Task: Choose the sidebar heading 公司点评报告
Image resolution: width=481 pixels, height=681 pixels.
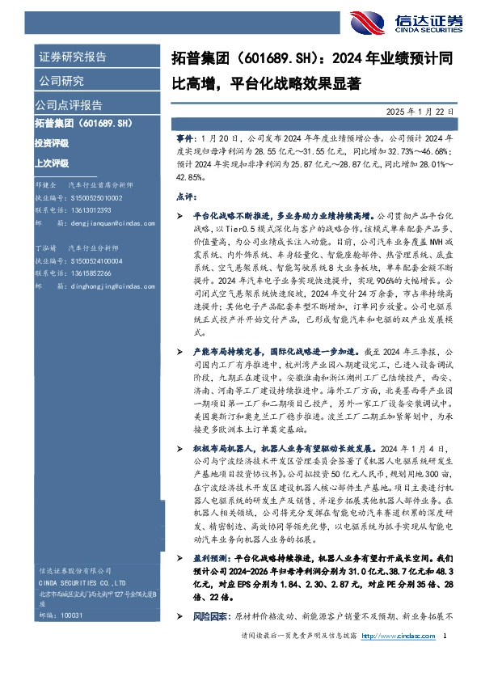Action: pos(68,104)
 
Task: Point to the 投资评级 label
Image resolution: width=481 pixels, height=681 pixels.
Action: pos(51,142)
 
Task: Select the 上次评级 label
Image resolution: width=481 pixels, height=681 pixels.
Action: pos(51,161)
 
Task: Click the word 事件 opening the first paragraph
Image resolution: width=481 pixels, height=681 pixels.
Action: pos(184,138)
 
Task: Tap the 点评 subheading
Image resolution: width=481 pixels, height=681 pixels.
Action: pos(184,197)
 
